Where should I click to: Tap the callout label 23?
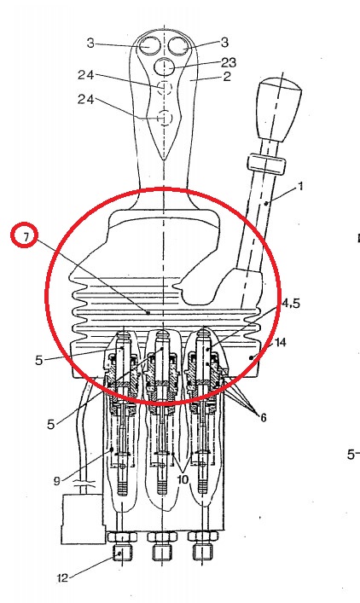(x=229, y=62)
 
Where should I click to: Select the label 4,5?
(x=291, y=304)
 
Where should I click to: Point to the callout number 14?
(x=281, y=342)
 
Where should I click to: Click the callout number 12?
(x=62, y=578)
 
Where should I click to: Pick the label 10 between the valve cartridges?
(x=183, y=479)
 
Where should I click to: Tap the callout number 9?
(x=57, y=481)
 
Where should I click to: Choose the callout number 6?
(x=263, y=417)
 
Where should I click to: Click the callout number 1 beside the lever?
(x=300, y=187)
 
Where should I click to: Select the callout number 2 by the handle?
(x=227, y=77)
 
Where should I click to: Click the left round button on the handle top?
(x=149, y=45)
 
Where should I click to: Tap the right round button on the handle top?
(x=178, y=46)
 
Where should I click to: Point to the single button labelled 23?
(x=165, y=67)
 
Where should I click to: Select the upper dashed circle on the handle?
(x=165, y=88)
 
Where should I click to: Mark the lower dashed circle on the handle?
(x=165, y=118)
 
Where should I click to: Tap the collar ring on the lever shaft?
(x=267, y=165)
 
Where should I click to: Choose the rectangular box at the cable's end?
(x=82, y=519)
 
